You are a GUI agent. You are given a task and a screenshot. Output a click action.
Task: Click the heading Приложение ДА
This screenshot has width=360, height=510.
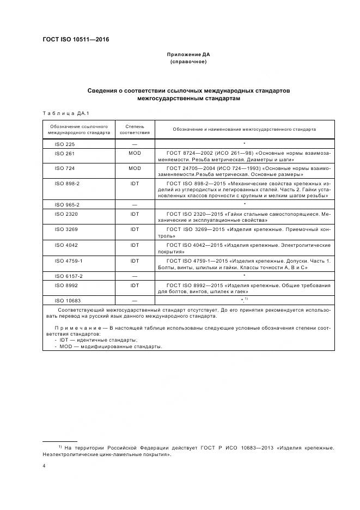[188, 54]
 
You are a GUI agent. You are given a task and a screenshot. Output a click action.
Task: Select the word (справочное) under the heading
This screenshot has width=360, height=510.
[188, 62]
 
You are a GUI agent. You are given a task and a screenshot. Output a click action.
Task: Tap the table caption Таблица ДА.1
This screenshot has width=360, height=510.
[65, 113]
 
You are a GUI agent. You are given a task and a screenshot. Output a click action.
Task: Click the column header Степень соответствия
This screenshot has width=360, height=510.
[135, 129]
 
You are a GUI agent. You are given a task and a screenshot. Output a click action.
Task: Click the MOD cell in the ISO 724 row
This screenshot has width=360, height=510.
[135, 168]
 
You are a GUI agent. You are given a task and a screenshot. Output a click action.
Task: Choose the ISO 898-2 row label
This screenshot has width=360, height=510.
[67, 184]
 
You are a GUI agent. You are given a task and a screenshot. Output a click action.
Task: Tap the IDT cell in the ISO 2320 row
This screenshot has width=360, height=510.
[135, 214]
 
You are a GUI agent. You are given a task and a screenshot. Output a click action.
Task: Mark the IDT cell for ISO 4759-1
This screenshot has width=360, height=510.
[135, 260]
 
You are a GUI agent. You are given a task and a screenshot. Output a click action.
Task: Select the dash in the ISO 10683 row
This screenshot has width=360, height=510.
[135, 301]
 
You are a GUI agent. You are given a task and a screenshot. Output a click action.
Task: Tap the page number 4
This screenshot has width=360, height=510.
[44, 466]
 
